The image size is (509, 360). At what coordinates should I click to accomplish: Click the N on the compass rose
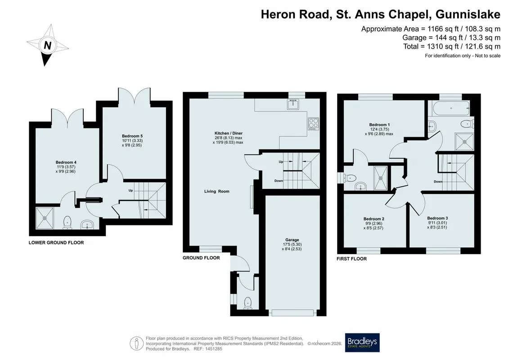tap(47, 45)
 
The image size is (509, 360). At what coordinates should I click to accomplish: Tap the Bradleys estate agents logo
tap(362, 342)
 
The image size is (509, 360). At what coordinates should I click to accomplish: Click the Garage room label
tap(292, 240)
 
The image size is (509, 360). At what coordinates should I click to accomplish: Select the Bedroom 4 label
tap(66, 162)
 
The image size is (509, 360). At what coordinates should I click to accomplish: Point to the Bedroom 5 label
tap(132, 136)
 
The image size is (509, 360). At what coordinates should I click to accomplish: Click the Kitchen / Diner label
tap(228, 133)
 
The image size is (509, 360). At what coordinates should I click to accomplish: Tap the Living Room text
tap(216, 191)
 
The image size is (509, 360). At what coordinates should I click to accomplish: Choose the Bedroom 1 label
tap(379, 125)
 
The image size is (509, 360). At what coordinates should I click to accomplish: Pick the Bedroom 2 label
tap(374, 219)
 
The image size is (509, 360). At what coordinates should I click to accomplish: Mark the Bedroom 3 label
tap(437, 218)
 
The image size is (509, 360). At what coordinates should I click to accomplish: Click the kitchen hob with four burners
tap(314, 124)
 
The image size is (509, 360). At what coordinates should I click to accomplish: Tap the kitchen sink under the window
tap(293, 104)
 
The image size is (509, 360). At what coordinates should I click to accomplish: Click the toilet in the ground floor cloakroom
tap(248, 302)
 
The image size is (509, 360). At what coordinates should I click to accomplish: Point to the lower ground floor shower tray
tap(45, 218)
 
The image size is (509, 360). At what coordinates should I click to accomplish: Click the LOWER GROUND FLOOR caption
tap(56, 243)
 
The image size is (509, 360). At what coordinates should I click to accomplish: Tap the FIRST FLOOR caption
tap(351, 259)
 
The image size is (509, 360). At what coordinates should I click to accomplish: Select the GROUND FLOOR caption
tap(201, 258)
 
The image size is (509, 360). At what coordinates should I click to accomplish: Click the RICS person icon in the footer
tap(137, 344)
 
